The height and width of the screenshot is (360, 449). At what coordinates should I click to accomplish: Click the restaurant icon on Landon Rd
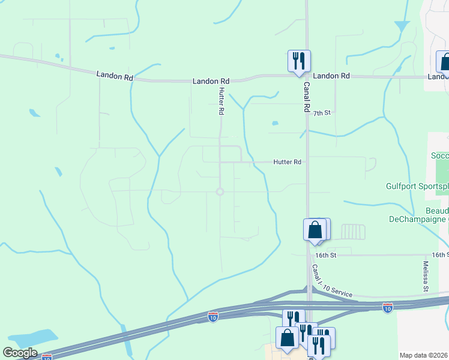pyautogui.click(x=298, y=61)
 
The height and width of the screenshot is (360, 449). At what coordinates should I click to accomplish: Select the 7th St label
pyautogui.click(x=322, y=113)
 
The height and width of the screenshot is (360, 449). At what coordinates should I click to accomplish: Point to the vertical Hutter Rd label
pyautogui.click(x=221, y=101)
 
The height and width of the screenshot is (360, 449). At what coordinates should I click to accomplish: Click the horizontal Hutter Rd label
pyautogui.click(x=287, y=162)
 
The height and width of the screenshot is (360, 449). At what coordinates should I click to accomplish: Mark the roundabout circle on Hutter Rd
pyautogui.click(x=220, y=191)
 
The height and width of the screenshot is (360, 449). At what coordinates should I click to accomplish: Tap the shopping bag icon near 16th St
pyautogui.click(x=315, y=230)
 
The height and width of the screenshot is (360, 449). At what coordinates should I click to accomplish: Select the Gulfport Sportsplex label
pyautogui.click(x=417, y=187)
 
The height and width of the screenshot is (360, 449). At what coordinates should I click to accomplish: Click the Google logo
pyautogui.click(x=20, y=353)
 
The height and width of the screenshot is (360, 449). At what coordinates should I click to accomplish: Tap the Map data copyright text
pyautogui.click(x=424, y=355)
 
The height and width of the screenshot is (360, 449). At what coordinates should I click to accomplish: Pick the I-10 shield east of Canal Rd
pyautogui.click(x=388, y=308)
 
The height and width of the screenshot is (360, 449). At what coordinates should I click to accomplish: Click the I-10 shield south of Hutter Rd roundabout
pyautogui.click(x=212, y=316)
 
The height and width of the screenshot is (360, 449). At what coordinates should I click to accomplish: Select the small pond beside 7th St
pyautogui.click(x=275, y=124)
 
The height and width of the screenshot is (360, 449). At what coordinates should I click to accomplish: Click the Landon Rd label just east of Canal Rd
pyautogui.click(x=331, y=76)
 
